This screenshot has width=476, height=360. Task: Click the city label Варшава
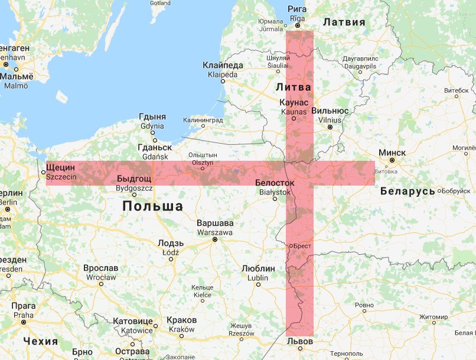215,223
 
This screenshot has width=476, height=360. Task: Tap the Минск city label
392,153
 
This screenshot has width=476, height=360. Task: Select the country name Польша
152,206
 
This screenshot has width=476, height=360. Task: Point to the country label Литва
294,87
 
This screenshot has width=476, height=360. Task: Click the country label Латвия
345,22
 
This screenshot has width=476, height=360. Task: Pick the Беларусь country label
407,191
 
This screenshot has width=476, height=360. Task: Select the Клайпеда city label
222,65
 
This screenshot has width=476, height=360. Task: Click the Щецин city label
60,168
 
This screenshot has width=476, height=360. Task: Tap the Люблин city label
258,268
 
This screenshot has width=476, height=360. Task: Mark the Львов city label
299,342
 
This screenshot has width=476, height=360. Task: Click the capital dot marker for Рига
298,26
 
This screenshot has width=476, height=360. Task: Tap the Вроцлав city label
100,268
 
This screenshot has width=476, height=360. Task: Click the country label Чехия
40,341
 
